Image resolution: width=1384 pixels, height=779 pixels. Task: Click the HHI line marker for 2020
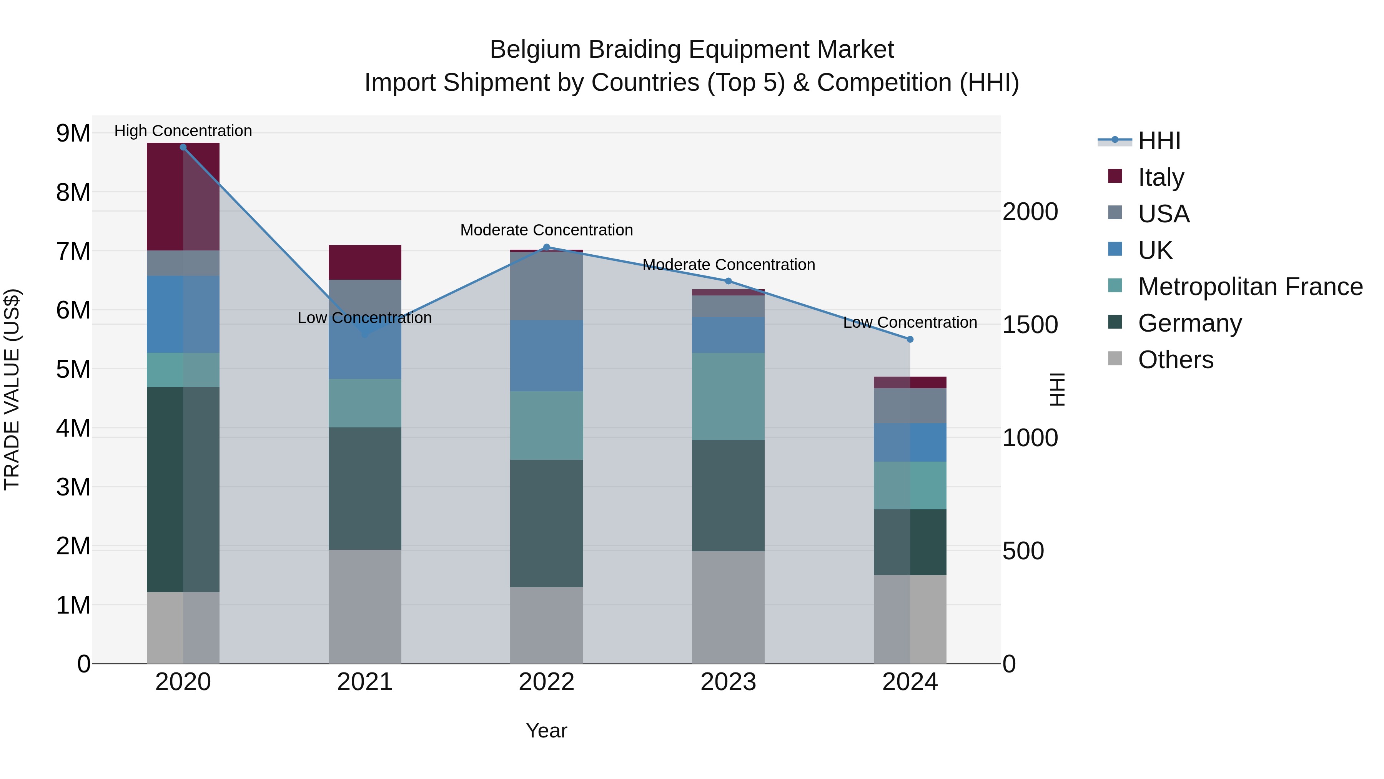[x=183, y=147]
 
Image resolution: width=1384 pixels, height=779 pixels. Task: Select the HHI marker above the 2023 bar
[x=729, y=281]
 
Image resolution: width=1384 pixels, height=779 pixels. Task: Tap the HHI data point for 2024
[x=910, y=339]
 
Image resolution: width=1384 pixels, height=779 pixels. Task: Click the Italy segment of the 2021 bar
[x=365, y=262]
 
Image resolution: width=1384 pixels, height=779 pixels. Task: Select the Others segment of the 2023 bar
[x=728, y=607]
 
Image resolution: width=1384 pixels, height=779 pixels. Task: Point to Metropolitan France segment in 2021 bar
[x=365, y=403]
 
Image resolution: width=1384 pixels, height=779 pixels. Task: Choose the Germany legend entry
[x=1189, y=323]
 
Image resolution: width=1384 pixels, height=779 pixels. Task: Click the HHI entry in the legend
[x=1159, y=141]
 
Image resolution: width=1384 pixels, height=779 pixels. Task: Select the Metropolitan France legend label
[x=1250, y=287]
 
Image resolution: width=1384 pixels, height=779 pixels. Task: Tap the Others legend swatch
[x=1115, y=359]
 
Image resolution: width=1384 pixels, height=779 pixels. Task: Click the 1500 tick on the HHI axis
[x=1030, y=325]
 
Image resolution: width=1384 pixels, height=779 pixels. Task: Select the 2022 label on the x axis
[x=546, y=682]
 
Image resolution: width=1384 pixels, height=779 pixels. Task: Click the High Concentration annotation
[x=183, y=131]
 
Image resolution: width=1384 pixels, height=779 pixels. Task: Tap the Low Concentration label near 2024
[x=910, y=323]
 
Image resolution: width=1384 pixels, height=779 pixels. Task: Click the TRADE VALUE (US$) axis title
[x=12, y=389]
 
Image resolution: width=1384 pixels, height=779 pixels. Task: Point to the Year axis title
[x=546, y=731]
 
